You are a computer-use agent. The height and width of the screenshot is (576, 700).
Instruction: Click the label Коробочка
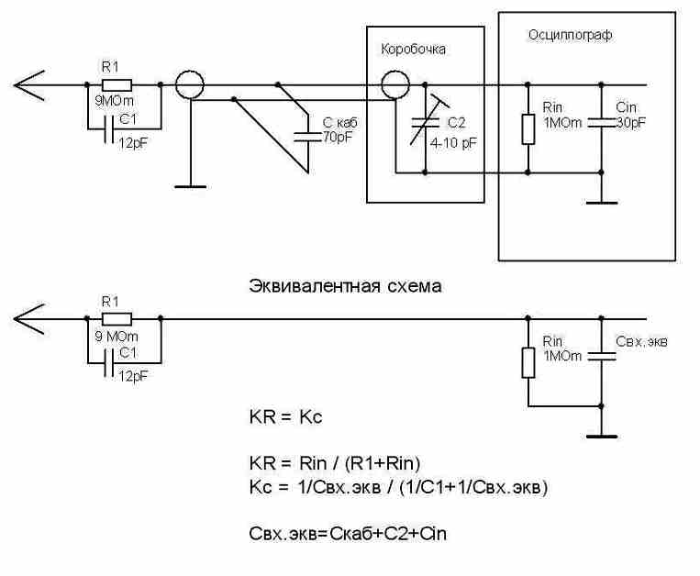tap(413, 50)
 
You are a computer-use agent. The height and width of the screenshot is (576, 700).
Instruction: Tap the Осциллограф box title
tap(570, 35)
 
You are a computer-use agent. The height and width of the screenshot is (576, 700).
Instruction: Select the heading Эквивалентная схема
tap(345, 286)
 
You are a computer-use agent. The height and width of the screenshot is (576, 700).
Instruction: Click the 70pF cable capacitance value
tap(337, 137)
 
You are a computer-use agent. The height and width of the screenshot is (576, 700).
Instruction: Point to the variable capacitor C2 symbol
tap(426, 123)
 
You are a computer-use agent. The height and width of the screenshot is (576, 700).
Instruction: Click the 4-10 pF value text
tap(453, 143)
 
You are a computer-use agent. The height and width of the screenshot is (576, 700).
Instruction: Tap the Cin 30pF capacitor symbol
tap(601, 123)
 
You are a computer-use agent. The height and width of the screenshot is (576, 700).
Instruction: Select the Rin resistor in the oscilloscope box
tap(528, 129)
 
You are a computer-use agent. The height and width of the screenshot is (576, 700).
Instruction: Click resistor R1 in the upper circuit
tap(117, 84)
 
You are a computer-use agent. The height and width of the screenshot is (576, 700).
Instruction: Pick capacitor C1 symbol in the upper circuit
tap(108, 129)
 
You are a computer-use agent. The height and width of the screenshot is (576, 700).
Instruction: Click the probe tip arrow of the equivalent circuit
tap(29, 319)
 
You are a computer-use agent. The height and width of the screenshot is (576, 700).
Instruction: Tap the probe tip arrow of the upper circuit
tap(29, 84)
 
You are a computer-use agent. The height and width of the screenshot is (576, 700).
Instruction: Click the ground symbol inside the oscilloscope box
tap(601, 203)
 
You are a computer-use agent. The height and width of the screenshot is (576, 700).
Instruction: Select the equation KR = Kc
tap(285, 417)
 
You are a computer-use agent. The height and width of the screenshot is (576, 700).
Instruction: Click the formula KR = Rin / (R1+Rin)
tap(335, 463)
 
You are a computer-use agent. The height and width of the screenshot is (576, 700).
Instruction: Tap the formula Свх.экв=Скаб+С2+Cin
tap(348, 534)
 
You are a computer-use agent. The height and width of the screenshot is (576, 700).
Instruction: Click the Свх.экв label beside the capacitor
tap(641, 342)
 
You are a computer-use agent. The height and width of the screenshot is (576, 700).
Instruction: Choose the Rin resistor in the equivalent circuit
tap(528, 362)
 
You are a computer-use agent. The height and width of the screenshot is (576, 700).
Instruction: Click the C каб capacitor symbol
tap(308, 137)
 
